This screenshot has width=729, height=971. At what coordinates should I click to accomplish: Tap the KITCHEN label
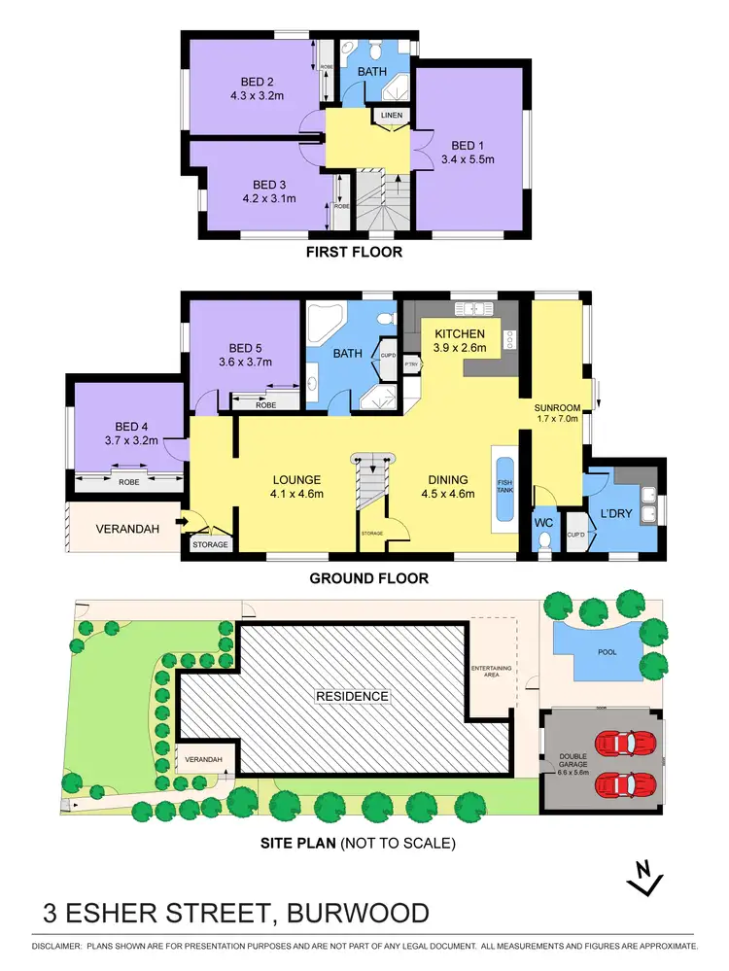tap(458, 334)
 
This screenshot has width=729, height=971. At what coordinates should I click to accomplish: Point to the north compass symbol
tap(642, 879)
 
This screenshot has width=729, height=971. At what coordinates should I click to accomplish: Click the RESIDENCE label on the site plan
tap(351, 696)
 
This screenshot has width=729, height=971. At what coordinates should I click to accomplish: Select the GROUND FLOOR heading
tap(368, 578)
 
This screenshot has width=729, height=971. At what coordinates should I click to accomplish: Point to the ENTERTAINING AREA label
tap(484, 673)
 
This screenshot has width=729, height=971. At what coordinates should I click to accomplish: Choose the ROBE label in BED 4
tap(127, 480)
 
